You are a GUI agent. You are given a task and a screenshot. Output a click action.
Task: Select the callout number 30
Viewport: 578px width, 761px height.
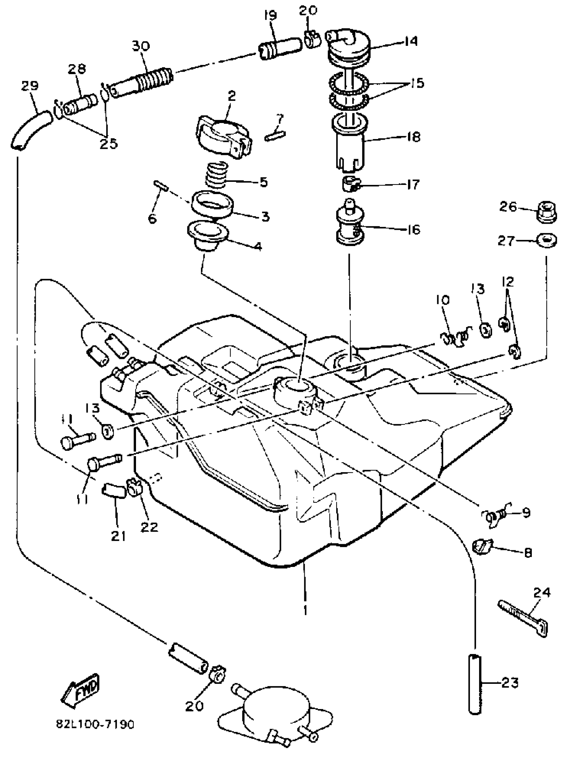click(140, 46)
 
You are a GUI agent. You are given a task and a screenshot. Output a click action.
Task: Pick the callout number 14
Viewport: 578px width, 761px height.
click(411, 41)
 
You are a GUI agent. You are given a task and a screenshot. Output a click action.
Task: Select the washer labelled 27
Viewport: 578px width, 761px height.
click(547, 241)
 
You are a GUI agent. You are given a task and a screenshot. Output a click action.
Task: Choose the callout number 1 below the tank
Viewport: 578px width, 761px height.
click(305, 611)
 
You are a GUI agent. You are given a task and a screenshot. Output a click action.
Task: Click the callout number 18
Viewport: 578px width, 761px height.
click(413, 137)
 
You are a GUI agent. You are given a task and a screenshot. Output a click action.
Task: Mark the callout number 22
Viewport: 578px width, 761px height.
click(149, 527)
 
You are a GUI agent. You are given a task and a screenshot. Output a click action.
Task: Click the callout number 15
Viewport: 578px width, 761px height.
click(418, 83)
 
